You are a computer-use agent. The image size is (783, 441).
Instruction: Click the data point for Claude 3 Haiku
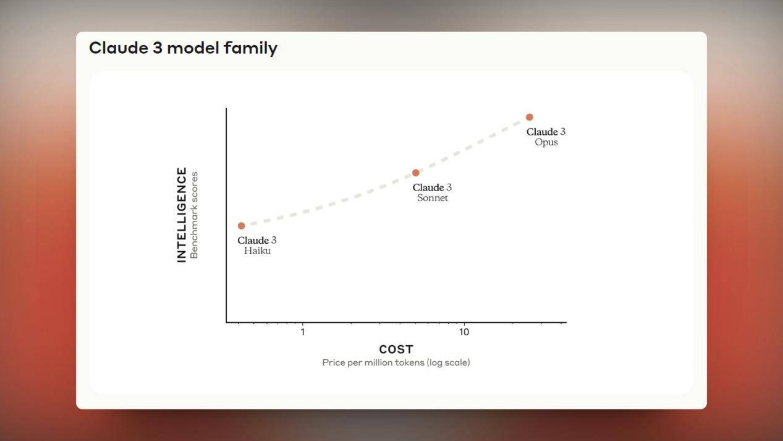click(241, 226)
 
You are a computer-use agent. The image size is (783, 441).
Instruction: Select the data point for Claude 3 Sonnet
click(416, 173)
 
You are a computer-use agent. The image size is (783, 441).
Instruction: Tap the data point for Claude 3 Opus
click(530, 117)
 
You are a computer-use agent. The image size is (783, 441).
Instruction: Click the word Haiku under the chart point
click(257, 250)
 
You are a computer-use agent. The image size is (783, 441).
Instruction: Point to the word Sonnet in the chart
click(433, 198)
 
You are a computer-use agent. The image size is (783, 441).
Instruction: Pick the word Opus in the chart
click(546, 142)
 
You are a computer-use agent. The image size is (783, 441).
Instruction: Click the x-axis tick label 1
click(303, 332)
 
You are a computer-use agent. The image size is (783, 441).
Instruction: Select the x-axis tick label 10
click(464, 332)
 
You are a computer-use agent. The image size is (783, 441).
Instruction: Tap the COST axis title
click(396, 349)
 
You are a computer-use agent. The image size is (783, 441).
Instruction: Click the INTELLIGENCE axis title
click(182, 215)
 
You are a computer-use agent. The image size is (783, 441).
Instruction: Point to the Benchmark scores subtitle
click(193, 215)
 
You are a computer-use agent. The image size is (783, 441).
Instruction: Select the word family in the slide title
click(251, 48)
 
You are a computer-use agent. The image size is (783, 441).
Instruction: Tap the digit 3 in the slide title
click(158, 48)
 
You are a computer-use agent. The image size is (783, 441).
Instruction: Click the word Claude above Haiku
click(253, 241)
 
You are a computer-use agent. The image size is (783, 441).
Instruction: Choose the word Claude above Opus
click(542, 132)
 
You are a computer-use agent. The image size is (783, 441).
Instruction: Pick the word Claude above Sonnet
click(428, 188)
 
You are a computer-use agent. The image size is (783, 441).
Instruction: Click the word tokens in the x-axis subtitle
click(409, 362)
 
